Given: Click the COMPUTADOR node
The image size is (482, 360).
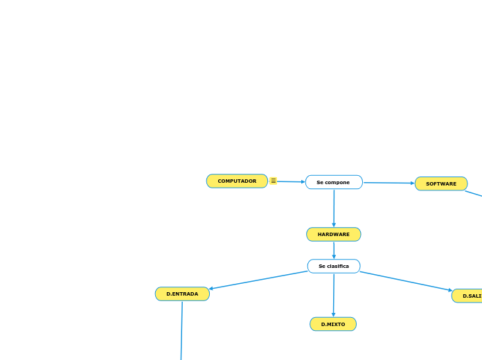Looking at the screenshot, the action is tap(237, 181).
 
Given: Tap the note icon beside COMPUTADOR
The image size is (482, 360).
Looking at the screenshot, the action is tap(274, 181).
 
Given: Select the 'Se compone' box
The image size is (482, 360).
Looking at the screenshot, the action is tap(334, 182).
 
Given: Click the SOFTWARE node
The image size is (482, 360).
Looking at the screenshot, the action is tap(441, 183).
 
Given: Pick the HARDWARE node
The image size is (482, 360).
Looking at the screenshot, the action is tap(334, 235).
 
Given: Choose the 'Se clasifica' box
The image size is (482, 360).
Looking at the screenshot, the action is tap(334, 267).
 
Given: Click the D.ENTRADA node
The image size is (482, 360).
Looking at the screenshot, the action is tap(182, 294).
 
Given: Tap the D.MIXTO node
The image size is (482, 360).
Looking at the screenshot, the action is tap(333, 324).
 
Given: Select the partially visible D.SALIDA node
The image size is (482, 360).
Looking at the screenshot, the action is tap(469, 296).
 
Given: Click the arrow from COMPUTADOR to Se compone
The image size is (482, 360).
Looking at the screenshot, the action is tap(291, 182).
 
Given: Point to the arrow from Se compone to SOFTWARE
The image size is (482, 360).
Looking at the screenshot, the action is tap(389, 183).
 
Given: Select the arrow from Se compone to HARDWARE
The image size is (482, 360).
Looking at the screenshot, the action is tap(334, 208).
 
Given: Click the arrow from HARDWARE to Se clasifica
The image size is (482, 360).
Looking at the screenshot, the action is tap(334, 250).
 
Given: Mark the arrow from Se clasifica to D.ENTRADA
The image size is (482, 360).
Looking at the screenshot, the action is tap(258, 280).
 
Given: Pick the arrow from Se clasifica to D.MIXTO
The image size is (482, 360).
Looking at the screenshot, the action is tap(334, 295).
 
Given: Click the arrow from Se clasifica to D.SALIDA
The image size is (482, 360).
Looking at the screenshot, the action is tap(406, 281).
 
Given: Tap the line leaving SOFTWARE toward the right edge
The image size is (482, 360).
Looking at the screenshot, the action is tap(474, 193).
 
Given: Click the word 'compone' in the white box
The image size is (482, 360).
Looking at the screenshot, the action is tap(338, 182).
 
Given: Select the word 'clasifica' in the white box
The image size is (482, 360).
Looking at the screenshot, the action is tap(338, 267).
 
